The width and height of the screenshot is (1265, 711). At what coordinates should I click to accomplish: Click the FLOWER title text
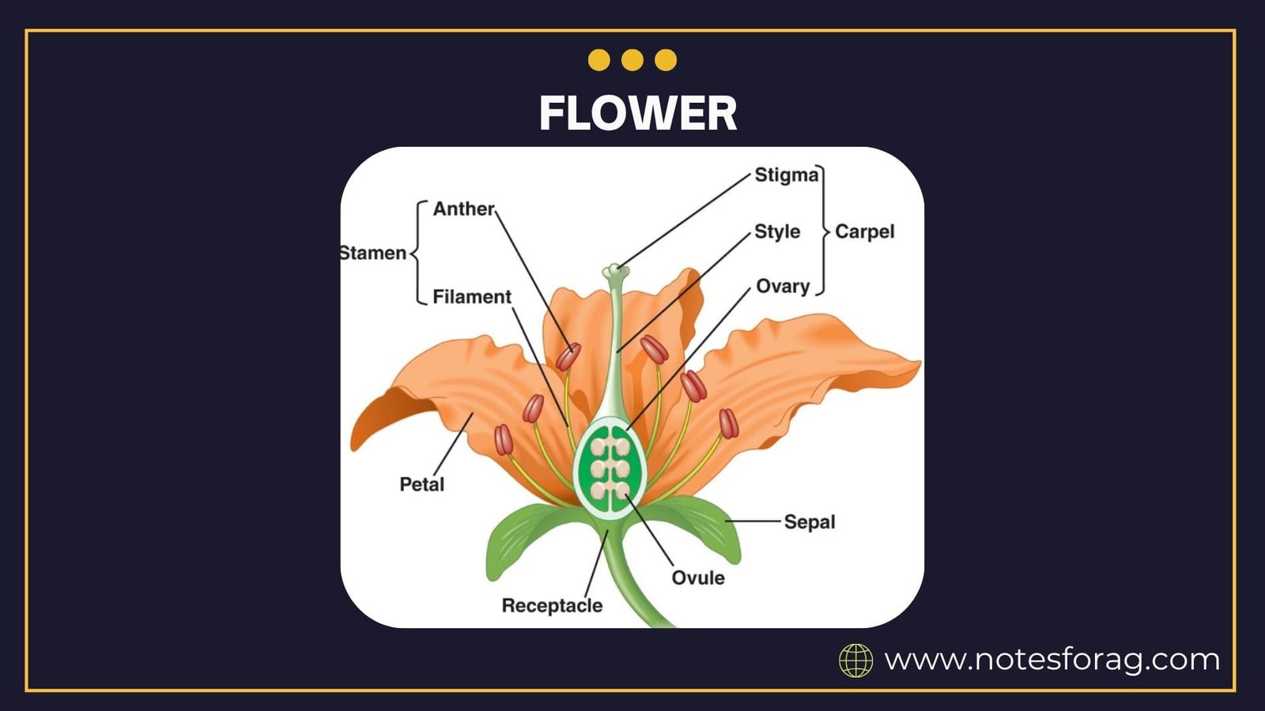tap(637, 113)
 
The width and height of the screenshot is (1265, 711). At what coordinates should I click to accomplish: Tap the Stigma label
tap(786, 175)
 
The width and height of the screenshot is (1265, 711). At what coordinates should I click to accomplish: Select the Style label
tap(777, 231)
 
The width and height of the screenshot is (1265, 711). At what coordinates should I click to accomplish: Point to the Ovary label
tap(783, 286)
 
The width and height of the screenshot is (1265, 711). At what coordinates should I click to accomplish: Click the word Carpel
tap(865, 231)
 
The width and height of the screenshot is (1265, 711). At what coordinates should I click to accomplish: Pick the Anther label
tap(463, 209)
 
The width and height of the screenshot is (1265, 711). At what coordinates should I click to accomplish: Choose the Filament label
tap(472, 296)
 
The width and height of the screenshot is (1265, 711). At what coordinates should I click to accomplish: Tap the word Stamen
tap(373, 253)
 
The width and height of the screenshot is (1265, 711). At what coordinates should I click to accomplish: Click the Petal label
tap(421, 484)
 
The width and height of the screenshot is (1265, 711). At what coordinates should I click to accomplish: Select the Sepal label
tap(810, 521)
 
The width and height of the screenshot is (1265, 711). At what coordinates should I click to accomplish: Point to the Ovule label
tap(698, 577)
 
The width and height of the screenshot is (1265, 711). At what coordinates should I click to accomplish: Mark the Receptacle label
tap(552, 605)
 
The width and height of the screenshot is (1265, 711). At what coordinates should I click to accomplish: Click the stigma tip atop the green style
tap(615, 272)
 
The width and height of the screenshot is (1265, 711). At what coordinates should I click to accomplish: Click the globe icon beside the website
tap(855, 660)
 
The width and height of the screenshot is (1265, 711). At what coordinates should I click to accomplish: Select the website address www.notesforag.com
tap(1052, 659)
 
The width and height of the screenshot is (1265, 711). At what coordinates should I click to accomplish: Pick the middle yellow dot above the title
tap(632, 60)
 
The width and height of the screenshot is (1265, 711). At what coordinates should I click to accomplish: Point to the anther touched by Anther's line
tap(568, 357)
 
